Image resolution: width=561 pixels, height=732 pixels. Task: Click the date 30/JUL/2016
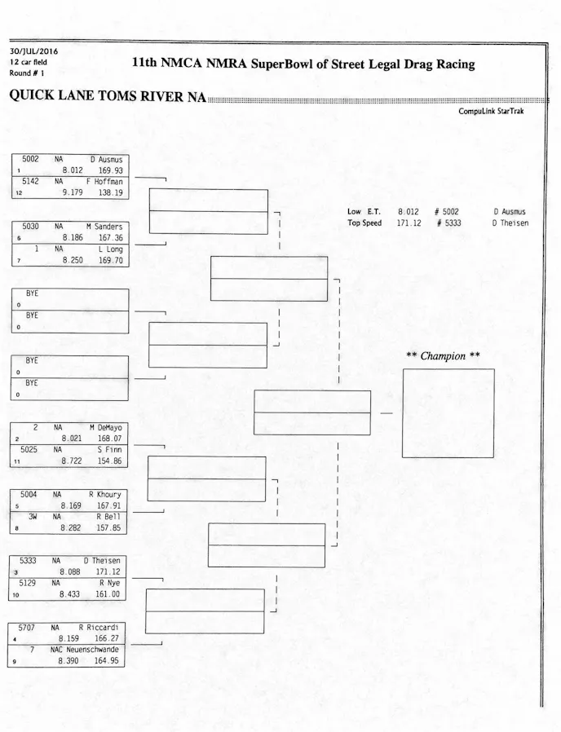[x=29, y=52]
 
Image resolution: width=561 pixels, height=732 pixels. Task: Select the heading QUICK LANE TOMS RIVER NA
[x=107, y=96]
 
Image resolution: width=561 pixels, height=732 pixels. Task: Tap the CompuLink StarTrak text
[x=491, y=112]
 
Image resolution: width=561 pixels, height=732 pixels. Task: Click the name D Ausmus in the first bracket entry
[x=106, y=161]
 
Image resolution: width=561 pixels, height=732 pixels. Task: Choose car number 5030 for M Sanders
[x=30, y=226]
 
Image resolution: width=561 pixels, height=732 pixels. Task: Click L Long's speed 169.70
[x=109, y=259]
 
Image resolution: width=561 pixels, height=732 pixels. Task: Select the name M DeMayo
[x=105, y=427]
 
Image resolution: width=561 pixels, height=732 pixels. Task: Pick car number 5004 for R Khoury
[x=29, y=494]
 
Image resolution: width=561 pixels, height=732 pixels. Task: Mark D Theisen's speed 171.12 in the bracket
[x=108, y=571]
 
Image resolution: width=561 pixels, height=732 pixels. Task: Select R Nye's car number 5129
[x=29, y=584]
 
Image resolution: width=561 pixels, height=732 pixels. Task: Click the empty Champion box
[x=448, y=412]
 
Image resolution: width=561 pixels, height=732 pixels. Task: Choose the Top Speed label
[x=364, y=223]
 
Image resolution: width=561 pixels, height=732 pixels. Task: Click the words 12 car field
[x=29, y=62]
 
